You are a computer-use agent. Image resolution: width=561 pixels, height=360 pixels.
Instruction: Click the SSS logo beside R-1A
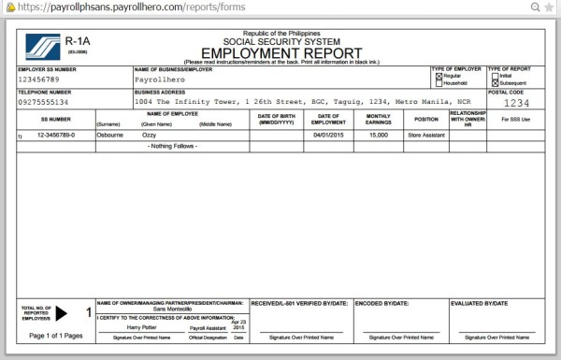[x=40, y=46]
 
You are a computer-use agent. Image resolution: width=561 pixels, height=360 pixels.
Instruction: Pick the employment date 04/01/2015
[x=324, y=135]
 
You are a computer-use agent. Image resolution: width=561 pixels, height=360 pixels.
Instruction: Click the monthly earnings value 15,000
[x=378, y=135]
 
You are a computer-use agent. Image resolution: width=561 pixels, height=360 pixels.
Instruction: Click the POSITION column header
[x=426, y=119]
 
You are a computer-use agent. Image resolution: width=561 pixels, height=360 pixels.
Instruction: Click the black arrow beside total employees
[x=63, y=313]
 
